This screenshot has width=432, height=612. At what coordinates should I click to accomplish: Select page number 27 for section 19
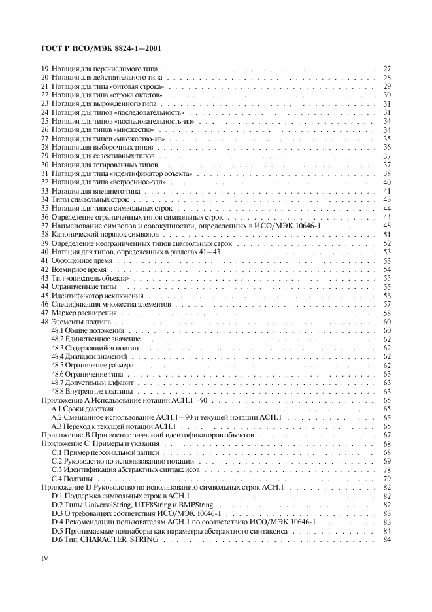(386, 69)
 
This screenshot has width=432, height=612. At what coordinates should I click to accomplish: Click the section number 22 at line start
(44, 95)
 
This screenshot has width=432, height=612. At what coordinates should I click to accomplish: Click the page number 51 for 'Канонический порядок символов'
(386, 234)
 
